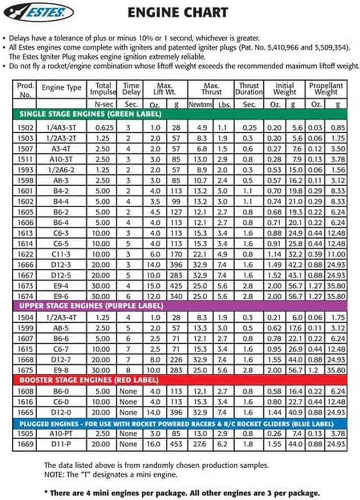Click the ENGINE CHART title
[178, 12]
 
